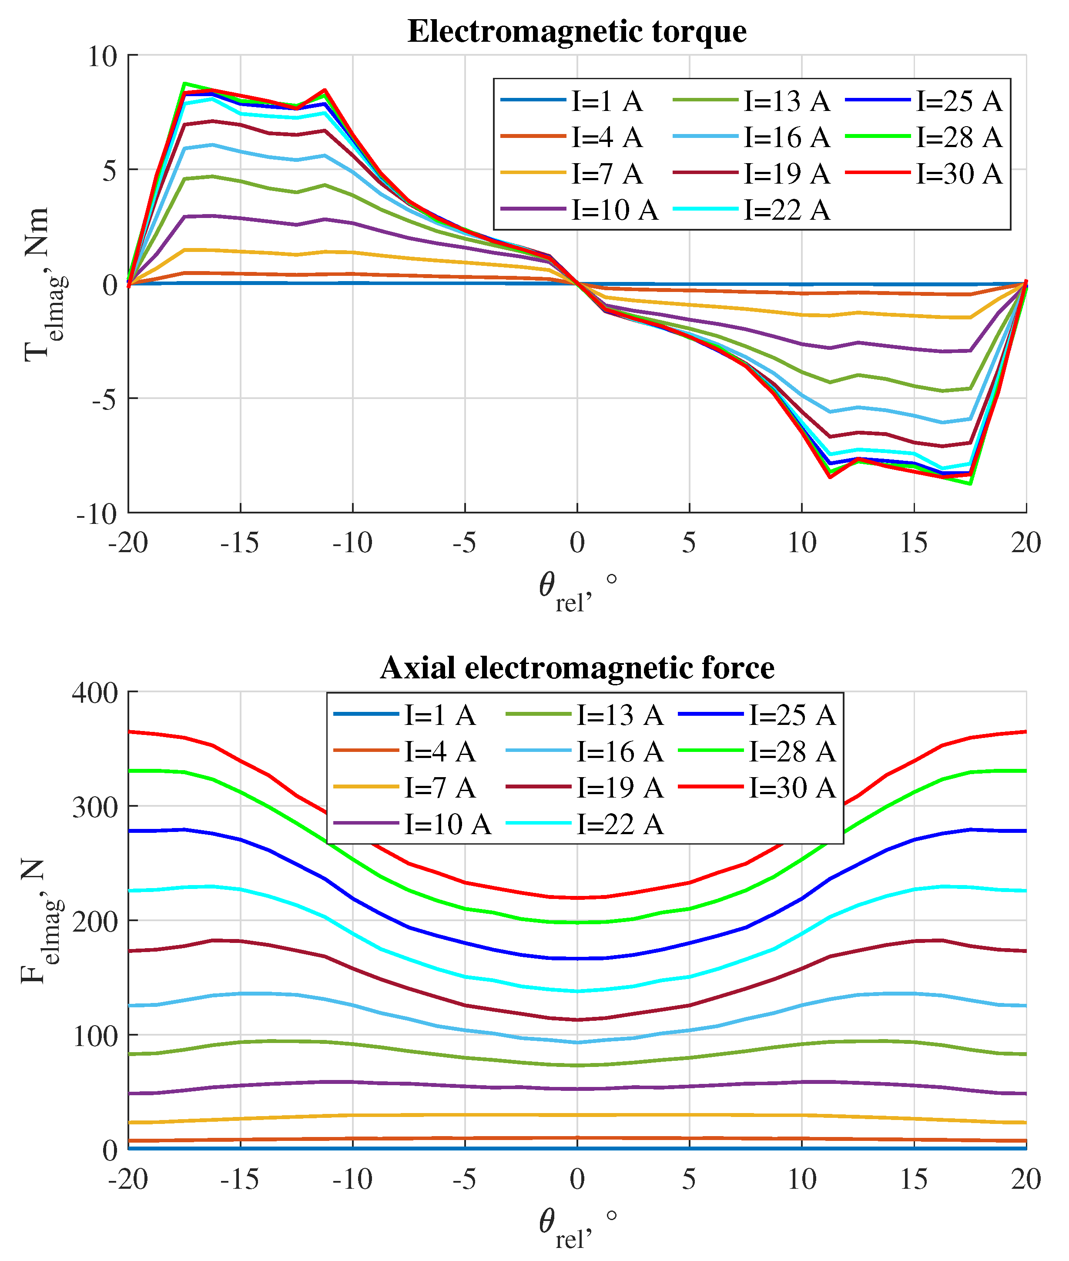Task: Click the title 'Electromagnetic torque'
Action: [576, 31]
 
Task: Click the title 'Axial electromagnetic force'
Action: [576, 668]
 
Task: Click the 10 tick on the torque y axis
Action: [102, 57]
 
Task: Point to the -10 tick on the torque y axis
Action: [97, 514]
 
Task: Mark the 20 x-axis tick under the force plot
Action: [1025, 1179]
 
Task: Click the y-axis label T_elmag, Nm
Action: [43, 285]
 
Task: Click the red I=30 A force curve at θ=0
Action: [577, 898]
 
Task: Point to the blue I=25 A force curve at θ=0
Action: [577, 959]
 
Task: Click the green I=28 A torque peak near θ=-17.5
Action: [184, 84]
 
